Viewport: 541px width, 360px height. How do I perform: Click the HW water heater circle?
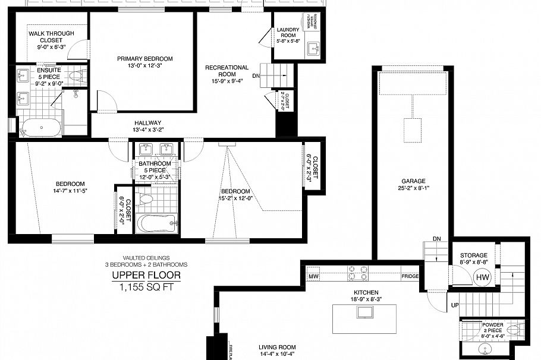click(482, 277)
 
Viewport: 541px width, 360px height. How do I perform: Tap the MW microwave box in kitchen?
click(313, 276)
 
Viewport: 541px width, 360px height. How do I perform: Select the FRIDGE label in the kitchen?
click(410, 276)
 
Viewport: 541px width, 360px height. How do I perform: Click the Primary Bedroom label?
click(144, 58)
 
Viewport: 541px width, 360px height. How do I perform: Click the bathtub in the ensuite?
click(40, 127)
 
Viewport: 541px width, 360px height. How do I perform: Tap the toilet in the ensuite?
click(76, 75)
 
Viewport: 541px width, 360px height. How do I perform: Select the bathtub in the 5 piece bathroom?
click(156, 225)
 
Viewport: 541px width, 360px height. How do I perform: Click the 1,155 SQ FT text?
click(146, 287)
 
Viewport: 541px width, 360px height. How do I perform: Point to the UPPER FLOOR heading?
click(146, 276)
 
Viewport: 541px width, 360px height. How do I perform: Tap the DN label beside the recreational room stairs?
click(256, 76)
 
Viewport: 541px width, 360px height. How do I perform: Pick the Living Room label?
click(277, 348)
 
